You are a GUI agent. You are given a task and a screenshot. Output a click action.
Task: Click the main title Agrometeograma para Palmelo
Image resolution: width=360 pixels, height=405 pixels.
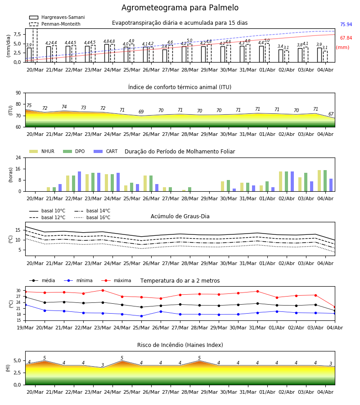tap(180, 8)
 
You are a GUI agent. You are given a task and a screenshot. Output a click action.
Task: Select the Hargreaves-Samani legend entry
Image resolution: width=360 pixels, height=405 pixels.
tap(57, 17)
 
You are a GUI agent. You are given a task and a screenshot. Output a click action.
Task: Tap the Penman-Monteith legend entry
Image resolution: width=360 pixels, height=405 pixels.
tap(55, 24)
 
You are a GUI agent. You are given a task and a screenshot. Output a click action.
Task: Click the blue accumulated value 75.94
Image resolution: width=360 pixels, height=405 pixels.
tap(346, 25)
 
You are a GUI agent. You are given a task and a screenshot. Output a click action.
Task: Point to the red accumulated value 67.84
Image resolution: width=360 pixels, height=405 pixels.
tap(346, 38)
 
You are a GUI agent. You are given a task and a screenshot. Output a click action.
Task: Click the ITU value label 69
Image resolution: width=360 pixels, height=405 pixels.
tap(141, 112)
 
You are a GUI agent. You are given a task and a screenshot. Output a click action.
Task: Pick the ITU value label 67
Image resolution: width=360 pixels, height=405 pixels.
tap(331, 114)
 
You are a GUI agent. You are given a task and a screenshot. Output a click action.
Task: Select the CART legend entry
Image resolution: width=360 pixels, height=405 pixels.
tap(106, 151)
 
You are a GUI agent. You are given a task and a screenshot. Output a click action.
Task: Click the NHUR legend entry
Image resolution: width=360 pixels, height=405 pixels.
tap(42, 151)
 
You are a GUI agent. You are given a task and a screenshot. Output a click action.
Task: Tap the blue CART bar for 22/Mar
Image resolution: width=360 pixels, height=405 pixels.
tap(80, 181)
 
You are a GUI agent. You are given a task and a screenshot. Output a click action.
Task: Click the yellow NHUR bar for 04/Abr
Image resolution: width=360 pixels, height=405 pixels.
tap(319, 181)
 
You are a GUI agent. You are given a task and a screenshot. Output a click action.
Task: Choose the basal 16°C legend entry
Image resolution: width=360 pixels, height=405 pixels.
tap(92, 217)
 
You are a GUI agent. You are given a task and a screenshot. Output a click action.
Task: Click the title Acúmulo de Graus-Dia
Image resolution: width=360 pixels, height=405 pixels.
tap(180, 216)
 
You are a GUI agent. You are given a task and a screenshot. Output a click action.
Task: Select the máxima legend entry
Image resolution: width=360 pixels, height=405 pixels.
tap(117, 280)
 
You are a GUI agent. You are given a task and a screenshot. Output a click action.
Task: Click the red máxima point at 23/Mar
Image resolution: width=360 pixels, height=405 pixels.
tap(103, 290)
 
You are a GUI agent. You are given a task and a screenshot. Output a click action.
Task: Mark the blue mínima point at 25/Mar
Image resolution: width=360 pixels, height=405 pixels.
tap(141, 316)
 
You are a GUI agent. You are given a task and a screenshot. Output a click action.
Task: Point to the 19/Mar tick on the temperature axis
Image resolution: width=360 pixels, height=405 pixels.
tap(25, 328)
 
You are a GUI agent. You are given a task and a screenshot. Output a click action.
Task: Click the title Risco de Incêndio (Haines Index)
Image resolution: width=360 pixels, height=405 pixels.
tap(180, 345)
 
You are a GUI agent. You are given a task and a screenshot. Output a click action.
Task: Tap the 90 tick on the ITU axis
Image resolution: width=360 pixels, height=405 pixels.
tap(18, 93)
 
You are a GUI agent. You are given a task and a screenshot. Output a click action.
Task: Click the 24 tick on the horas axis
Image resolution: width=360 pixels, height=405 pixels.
tap(18, 157)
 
